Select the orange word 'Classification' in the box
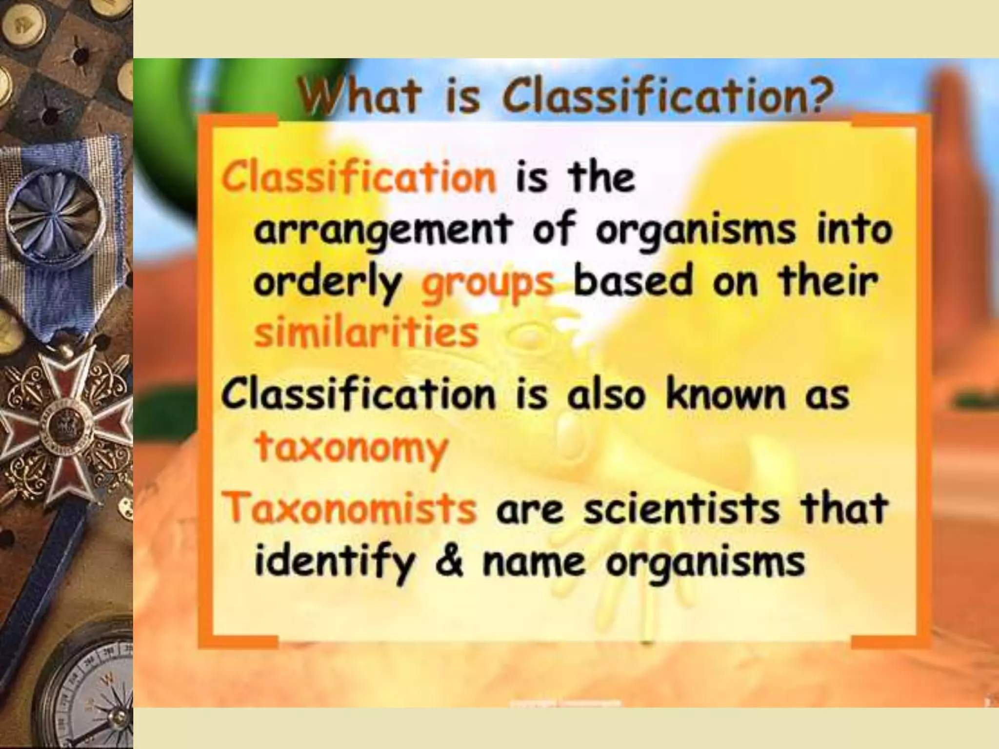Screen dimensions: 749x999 point(359,177)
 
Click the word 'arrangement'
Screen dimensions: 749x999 point(383,231)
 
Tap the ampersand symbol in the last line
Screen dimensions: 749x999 point(449,562)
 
